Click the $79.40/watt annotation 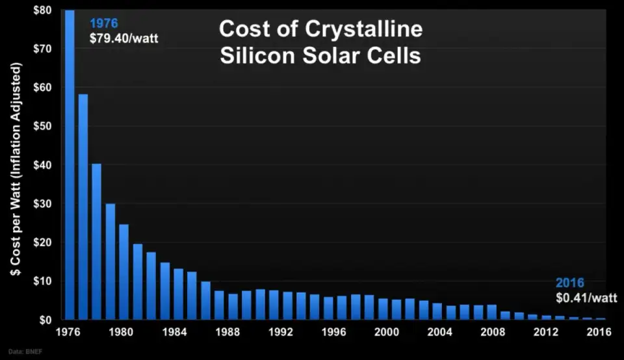tap(124, 38)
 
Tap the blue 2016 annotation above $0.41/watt tap(570, 283)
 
